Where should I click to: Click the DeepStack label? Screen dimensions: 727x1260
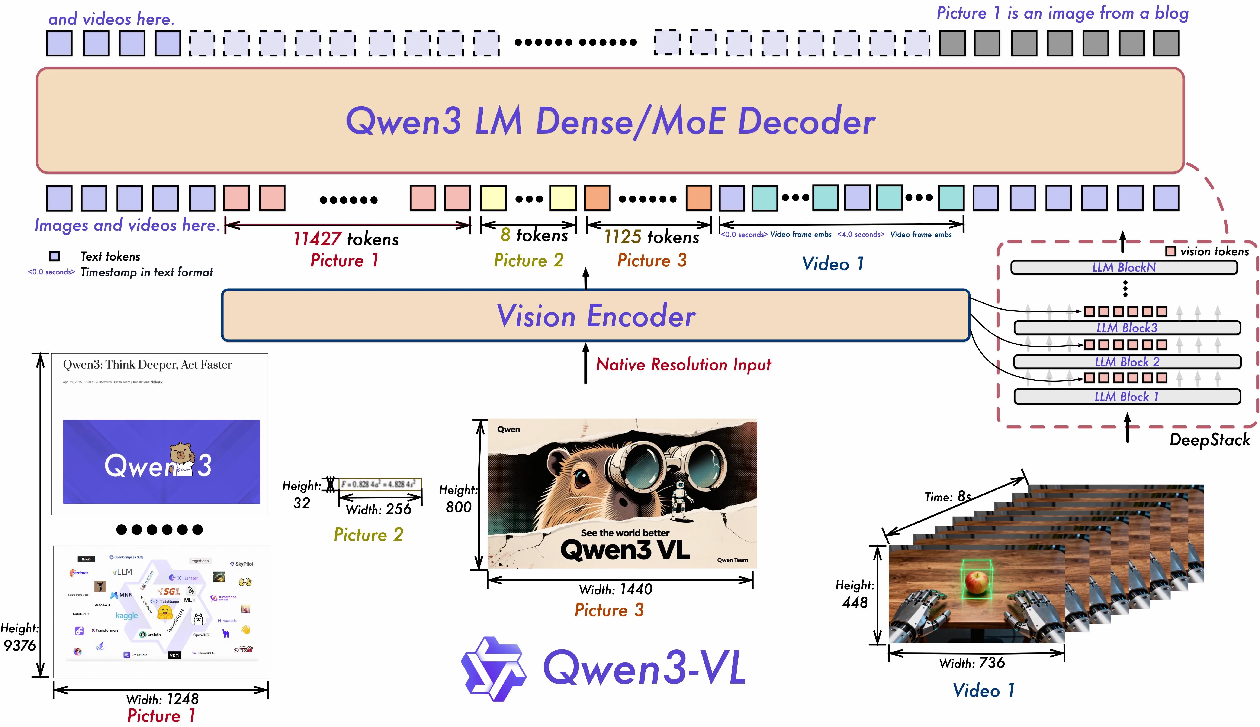[x=1209, y=440]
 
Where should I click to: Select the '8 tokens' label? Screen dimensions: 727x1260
[x=534, y=235]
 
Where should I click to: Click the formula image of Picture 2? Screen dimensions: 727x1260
[x=380, y=484]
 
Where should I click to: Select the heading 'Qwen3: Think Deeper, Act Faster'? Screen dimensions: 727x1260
[x=147, y=364]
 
